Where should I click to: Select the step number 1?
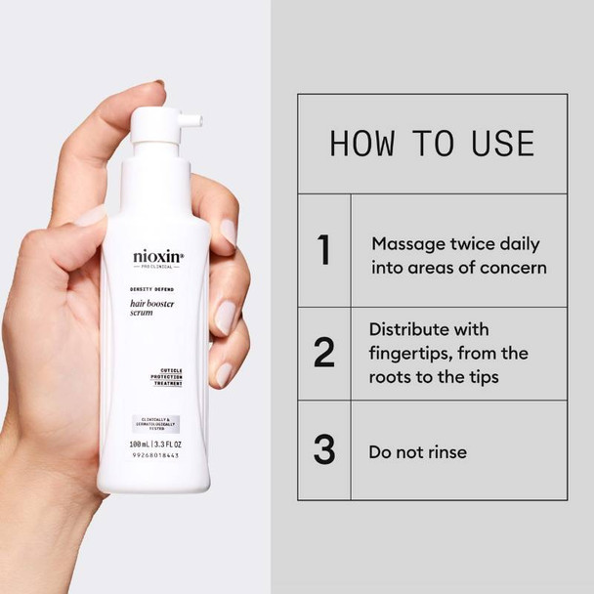(324, 251)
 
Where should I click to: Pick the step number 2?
(324, 353)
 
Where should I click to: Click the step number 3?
(324, 450)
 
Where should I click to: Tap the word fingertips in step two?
(414, 353)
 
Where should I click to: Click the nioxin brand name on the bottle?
(157, 258)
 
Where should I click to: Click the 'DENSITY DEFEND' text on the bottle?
(153, 290)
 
